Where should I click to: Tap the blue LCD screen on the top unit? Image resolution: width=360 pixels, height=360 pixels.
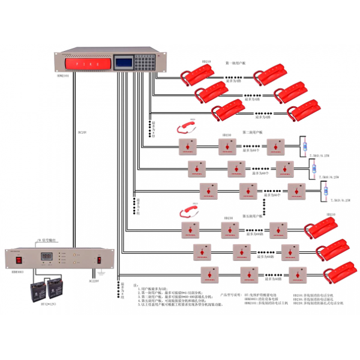[124, 62]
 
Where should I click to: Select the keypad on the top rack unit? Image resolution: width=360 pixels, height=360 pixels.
[144, 62]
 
